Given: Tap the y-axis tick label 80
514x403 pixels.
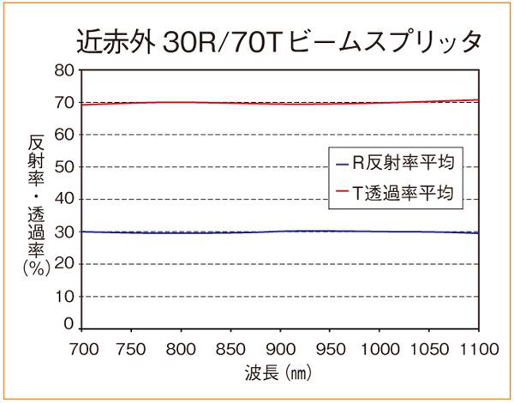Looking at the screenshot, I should pyautogui.click(x=63, y=70).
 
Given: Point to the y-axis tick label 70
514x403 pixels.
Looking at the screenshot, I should pyautogui.click(x=63, y=103).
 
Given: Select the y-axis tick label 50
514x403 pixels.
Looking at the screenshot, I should pyautogui.click(x=63, y=167).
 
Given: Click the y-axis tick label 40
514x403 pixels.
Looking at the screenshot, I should pyautogui.click(x=63, y=200).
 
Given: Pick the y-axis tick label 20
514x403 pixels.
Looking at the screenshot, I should pyautogui.click(x=63, y=264).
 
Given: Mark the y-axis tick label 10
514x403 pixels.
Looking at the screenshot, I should pyautogui.click(x=63, y=297).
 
